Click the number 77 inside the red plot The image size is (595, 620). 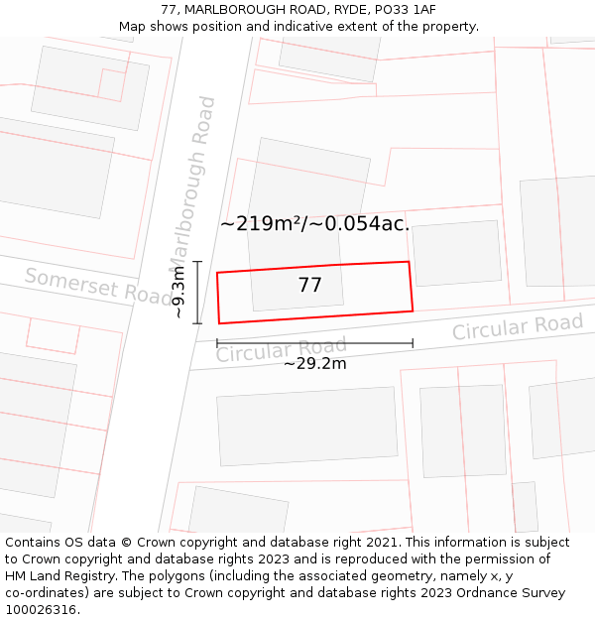click(309, 286)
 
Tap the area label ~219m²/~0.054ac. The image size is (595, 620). click(314, 224)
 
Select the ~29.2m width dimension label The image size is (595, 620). click(314, 364)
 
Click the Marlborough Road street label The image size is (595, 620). click(191, 183)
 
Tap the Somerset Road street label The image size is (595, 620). click(98, 287)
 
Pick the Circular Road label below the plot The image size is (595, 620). click(282, 349)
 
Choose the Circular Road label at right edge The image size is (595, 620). click(518, 326)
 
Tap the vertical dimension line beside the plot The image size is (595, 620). click(197, 292)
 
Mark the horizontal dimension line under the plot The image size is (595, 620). click(314, 343)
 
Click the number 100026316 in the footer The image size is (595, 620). click(42, 610)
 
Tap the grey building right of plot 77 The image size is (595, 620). click(457, 253)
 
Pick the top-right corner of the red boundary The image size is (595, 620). click(409, 262)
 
